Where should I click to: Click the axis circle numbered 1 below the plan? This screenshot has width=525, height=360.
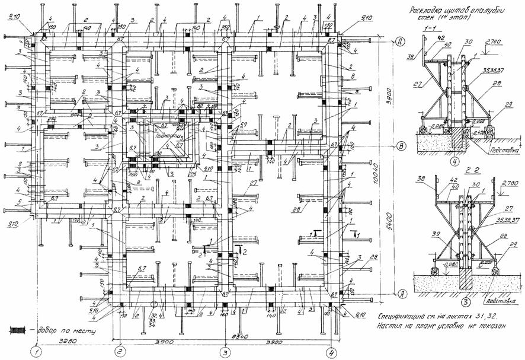tap(37, 351)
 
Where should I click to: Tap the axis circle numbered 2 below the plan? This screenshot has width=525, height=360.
tap(120, 351)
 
